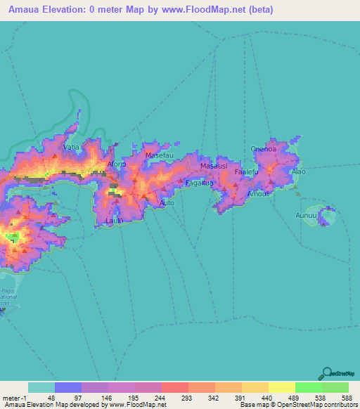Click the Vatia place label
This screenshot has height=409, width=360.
click(71, 148)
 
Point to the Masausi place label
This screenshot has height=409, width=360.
click(214, 166)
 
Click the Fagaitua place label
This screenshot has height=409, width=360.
click(199, 183)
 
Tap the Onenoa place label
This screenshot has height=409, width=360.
click(264, 149)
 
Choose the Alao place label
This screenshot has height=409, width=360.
click(299, 171)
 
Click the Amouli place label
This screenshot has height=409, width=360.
click(259, 193)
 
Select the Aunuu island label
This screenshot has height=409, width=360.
click(307, 215)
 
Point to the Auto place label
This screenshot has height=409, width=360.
click(167, 203)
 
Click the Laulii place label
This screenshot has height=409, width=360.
click(115, 221)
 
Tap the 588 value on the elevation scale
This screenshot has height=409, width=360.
click(337, 397)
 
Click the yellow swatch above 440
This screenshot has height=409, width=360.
click(255, 387)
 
